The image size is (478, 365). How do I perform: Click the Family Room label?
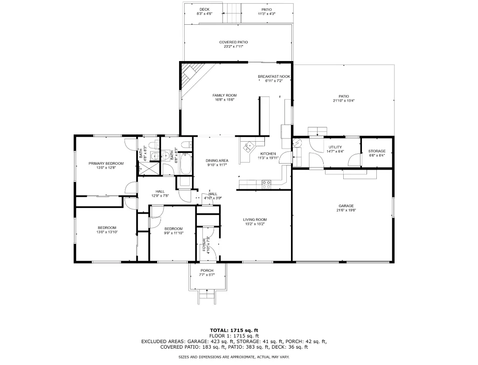point(224,96)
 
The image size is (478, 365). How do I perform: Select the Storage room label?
point(377,151)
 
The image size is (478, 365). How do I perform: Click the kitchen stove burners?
point(266,184)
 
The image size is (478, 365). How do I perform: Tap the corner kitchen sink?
point(248,147)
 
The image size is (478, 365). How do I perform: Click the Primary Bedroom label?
point(106,163)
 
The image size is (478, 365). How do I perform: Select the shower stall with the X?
point(149,168)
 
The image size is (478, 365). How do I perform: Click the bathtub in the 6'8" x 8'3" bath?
point(186,163)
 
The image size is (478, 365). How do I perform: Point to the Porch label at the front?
point(207,270)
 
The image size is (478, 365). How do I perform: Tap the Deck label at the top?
point(205,9)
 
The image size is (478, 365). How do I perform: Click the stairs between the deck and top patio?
point(232,13)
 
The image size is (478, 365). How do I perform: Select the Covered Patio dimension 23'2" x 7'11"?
point(234,47)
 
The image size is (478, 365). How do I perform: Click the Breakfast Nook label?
point(274,76)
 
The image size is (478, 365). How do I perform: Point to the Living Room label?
point(255,220)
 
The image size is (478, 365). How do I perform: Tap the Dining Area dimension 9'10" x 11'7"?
point(217,165)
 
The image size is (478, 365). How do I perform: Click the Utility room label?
point(335,147)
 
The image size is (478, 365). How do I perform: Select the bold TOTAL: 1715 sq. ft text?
point(234,330)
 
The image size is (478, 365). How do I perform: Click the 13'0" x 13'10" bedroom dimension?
point(107,232)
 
